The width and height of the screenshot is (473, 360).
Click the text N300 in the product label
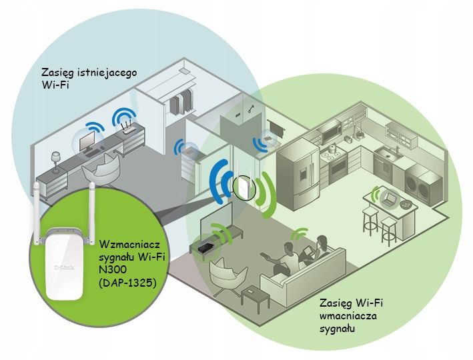113,269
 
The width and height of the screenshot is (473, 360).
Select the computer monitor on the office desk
87,141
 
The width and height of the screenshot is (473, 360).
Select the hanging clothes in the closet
179,103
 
